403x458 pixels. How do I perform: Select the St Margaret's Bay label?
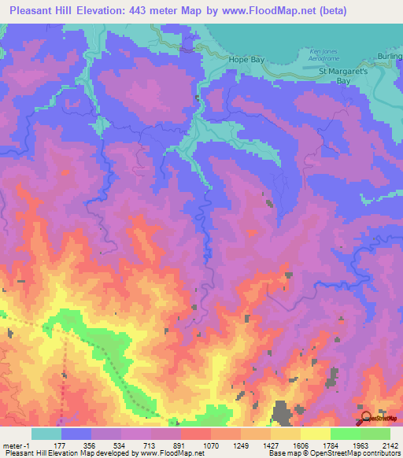click(343, 75)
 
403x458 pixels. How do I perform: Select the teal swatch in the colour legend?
click(46, 434)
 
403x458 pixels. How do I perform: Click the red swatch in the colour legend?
click(196, 434)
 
